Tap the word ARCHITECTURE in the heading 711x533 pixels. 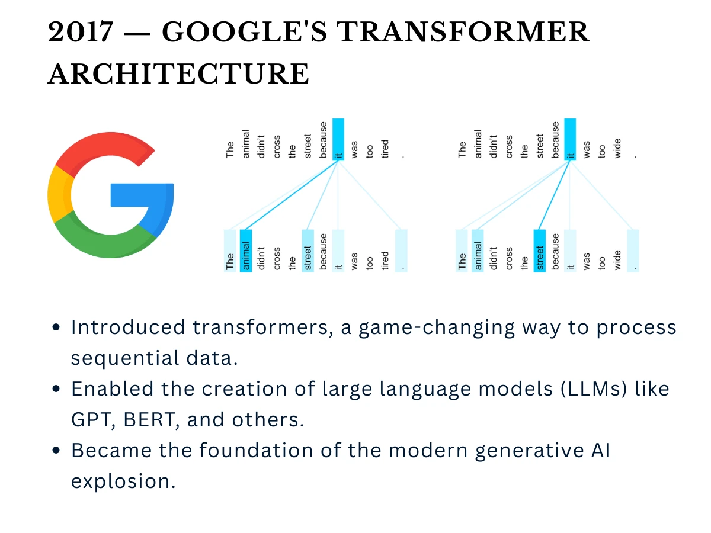coord(178,75)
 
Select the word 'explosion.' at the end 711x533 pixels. coord(123,481)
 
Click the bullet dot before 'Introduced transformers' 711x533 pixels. coord(56,327)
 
